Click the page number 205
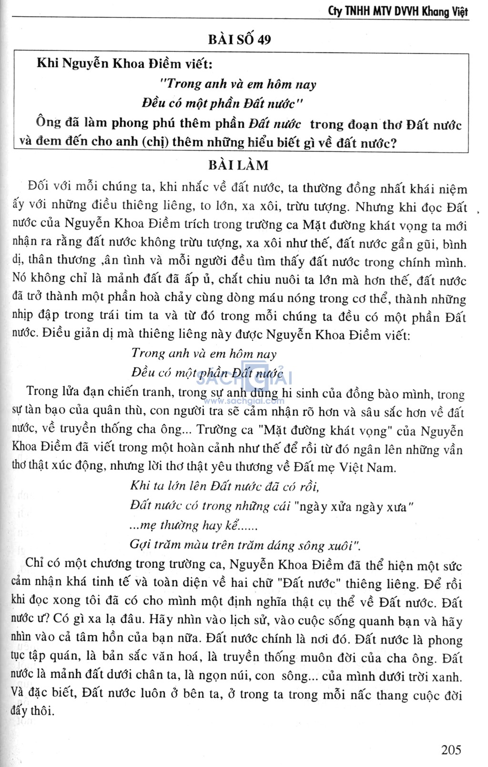tap(451, 750)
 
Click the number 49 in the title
tap(264, 39)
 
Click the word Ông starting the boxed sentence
tap(49, 123)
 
